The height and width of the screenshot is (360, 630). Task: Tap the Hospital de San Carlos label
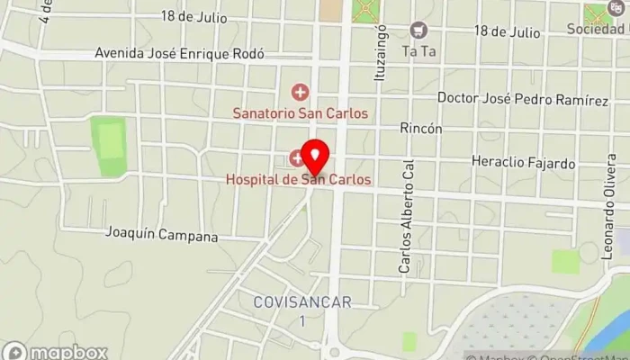(298, 180)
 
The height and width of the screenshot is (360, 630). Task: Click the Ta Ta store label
(418, 51)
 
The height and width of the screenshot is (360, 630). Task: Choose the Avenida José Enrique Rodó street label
(179, 54)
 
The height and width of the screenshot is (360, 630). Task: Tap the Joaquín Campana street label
(162, 237)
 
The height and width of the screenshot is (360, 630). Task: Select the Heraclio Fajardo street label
(523, 164)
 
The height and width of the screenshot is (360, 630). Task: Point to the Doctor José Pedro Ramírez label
(522, 97)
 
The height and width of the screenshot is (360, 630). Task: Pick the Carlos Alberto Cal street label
(406, 217)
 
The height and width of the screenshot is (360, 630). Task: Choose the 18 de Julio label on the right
(508, 31)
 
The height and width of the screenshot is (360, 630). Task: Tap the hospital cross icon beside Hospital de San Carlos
(296, 159)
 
